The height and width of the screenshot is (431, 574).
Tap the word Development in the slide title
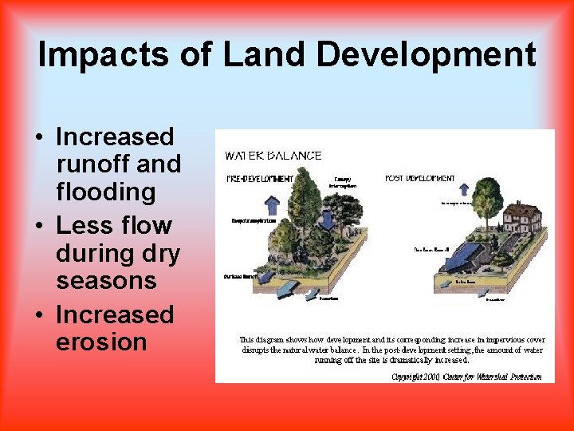(426, 56)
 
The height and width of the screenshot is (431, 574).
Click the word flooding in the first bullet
(105, 192)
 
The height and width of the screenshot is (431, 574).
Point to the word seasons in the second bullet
(106, 281)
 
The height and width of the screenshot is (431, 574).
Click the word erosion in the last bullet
(101, 342)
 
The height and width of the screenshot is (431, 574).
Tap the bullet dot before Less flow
(40, 227)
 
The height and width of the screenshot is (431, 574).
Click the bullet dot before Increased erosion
(40, 316)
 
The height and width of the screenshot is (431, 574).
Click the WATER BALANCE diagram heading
(273, 156)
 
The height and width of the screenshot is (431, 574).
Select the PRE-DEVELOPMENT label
(259, 178)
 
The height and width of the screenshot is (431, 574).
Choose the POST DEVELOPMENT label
(420, 178)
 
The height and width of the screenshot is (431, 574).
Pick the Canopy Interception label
(343, 182)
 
